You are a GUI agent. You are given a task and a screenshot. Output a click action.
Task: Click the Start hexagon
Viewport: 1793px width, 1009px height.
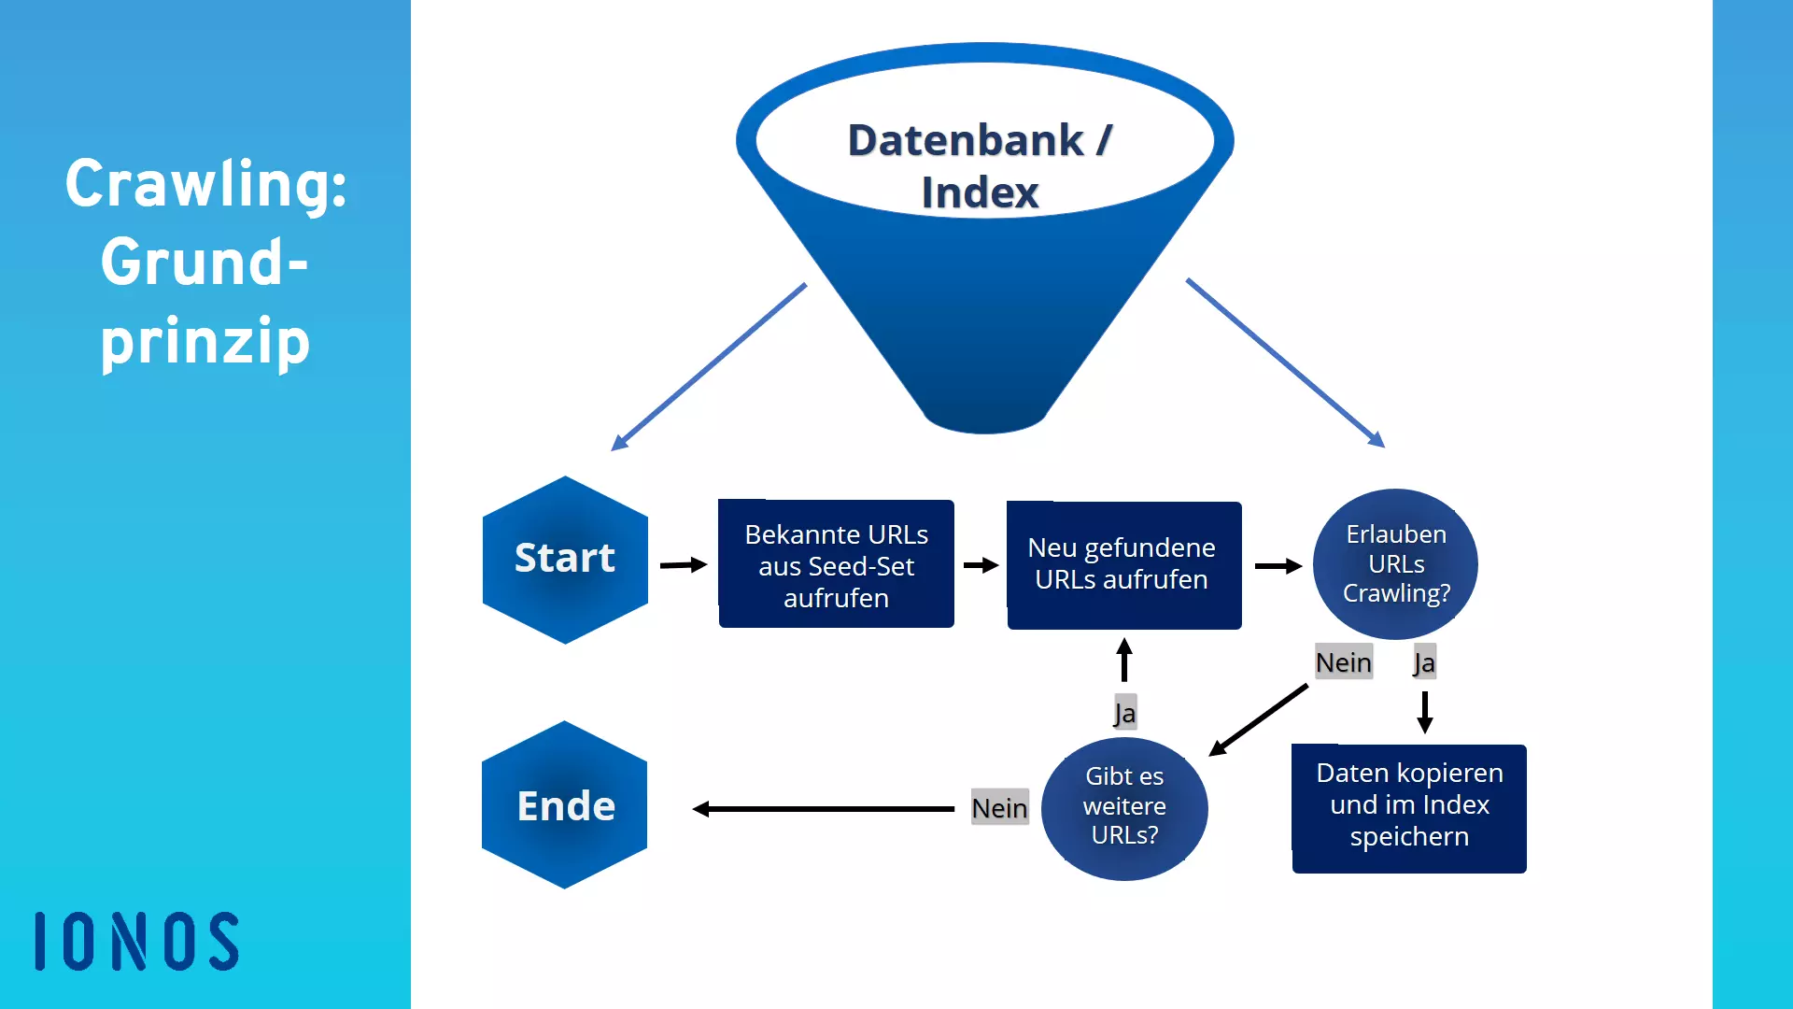click(565, 560)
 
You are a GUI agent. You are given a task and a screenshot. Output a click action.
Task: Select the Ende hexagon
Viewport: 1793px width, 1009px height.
click(565, 805)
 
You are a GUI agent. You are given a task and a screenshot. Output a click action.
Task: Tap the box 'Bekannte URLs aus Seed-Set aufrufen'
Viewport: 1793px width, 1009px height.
click(836, 565)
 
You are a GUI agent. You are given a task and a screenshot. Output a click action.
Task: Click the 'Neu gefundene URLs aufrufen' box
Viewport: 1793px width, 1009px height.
click(1123, 565)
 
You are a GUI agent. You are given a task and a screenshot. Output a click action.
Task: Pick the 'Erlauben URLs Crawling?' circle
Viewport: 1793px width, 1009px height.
click(1395, 563)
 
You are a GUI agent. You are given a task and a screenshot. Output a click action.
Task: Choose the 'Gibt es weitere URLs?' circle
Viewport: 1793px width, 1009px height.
click(1124, 808)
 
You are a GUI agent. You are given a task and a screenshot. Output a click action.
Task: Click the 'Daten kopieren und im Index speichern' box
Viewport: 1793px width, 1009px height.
click(1408, 808)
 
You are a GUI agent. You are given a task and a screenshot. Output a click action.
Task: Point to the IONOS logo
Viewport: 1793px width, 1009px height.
click(137, 941)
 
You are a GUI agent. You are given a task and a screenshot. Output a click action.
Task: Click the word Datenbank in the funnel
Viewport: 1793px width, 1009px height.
click(965, 141)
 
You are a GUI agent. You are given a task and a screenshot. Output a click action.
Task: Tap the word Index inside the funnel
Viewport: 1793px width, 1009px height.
click(980, 193)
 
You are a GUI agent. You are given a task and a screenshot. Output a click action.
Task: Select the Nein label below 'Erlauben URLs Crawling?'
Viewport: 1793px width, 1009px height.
click(1343, 662)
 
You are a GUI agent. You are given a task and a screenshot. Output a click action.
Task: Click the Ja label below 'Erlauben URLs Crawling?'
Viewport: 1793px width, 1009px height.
click(1424, 662)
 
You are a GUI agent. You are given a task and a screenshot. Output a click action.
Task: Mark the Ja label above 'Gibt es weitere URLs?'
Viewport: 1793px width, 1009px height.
click(1124, 713)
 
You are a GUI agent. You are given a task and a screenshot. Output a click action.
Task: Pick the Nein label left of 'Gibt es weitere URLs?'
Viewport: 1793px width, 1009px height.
click(999, 808)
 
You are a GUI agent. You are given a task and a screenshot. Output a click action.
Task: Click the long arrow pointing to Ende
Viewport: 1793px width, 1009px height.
click(822, 809)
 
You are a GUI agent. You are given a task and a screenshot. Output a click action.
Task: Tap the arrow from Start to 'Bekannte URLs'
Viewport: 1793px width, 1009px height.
click(684, 565)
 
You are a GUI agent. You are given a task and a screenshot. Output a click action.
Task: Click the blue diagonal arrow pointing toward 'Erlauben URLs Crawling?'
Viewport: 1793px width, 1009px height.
click(1285, 362)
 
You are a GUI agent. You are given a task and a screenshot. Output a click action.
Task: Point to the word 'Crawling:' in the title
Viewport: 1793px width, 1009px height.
click(205, 184)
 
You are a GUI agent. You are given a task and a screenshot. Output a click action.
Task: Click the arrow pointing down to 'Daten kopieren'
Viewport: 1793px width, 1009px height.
click(1424, 712)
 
